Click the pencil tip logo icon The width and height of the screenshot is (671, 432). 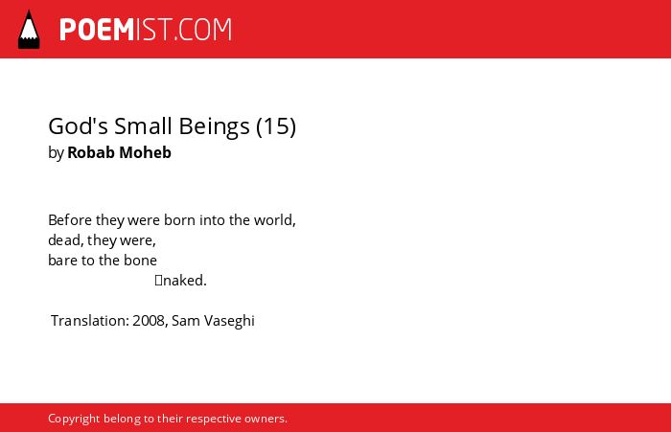(x=29, y=30)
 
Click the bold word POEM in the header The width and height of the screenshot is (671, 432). (x=97, y=30)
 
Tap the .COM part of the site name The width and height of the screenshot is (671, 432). (x=203, y=30)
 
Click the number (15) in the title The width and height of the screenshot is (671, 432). (x=276, y=126)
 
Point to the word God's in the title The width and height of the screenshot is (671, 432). (x=78, y=125)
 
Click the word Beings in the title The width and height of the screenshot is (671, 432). (x=214, y=126)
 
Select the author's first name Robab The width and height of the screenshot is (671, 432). (x=91, y=152)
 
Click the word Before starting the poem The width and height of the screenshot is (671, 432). (x=70, y=220)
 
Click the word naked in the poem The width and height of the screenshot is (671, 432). (x=184, y=280)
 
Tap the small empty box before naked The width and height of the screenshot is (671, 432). (x=159, y=280)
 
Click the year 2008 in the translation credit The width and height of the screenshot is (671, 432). (x=149, y=320)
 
